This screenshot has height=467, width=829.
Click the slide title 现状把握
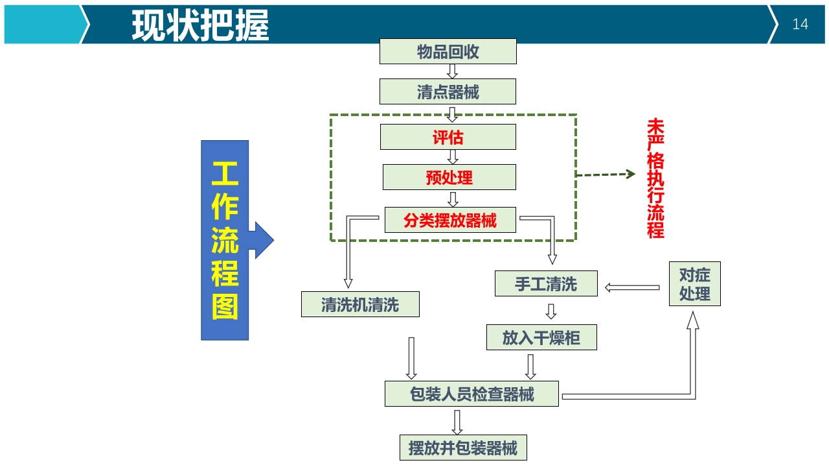[200, 25]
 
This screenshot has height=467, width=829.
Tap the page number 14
[800, 25]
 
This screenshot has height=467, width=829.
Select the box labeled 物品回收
[448, 52]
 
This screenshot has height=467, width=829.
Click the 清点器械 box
[448, 92]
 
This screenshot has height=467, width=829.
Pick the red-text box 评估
[448, 138]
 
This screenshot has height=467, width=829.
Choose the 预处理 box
[449, 177]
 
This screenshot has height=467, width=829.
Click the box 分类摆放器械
[450, 220]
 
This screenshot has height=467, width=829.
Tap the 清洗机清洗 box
[360, 304]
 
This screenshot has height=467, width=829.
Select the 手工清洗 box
[546, 284]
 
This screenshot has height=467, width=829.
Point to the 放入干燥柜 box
[541, 337]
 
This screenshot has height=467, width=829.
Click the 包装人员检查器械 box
[471, 394]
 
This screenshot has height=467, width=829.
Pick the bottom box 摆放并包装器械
[463, 448]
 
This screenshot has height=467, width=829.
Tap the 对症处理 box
[694, 284]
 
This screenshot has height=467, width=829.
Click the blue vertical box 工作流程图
[225, 241]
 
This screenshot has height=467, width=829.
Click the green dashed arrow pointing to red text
[606, 174]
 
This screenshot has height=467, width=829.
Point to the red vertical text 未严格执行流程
[655, 178]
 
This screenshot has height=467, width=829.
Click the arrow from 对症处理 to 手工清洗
[631, 287]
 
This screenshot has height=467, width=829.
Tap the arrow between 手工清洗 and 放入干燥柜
[551, 311]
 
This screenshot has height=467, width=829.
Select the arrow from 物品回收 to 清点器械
[452, 71]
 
